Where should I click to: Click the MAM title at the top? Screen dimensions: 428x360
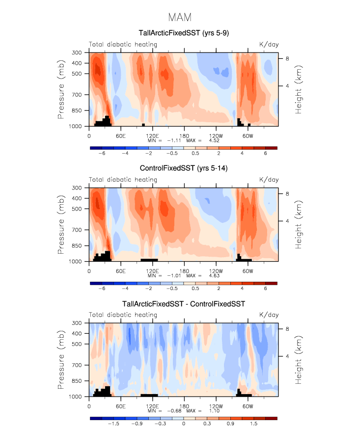180,17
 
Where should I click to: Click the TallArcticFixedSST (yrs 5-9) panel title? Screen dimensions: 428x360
184,33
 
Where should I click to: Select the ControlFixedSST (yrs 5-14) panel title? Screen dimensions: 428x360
184,169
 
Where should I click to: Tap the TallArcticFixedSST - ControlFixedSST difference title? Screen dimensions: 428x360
184,304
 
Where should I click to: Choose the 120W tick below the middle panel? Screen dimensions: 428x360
216,271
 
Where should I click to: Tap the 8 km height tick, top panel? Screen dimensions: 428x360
287,59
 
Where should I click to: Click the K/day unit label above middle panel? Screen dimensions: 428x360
269,180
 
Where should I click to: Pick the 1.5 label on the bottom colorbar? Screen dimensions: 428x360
253,423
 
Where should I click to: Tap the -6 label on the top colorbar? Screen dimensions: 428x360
102,153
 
